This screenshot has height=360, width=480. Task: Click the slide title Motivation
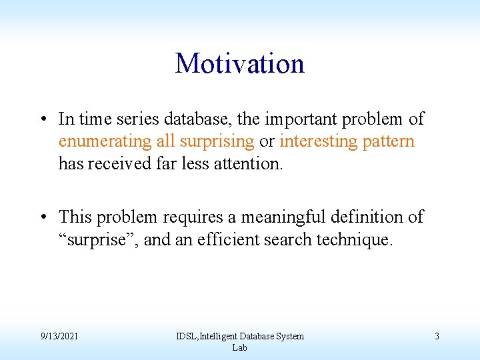pos(240,64)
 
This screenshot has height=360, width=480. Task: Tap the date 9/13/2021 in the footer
pos(58,336)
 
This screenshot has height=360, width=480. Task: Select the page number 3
pos(437,336)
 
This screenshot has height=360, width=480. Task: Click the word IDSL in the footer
pos(187,336)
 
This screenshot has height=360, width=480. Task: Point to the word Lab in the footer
pos(239,347)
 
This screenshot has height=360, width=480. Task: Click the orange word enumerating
pos(96,141)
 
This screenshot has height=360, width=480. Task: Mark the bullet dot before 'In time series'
pos(42,120)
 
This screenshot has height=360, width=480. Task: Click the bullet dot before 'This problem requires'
pos(42,217)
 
